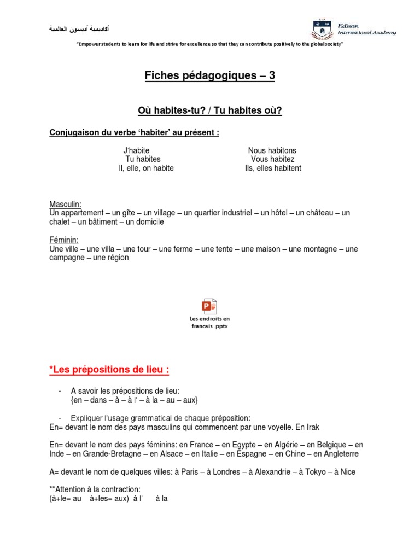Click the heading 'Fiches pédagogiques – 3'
click(210, 76)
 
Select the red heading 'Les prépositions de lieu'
click(109, 370)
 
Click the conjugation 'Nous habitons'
click(272, 150)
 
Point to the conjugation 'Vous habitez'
click(272, 159)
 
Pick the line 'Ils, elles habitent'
click(273, 168)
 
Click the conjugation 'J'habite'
click(137, 150)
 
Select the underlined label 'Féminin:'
click(64, 240)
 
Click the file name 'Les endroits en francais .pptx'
click(210, 322)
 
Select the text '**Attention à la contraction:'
click(95, 489)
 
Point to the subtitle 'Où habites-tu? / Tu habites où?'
click(210, 111)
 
